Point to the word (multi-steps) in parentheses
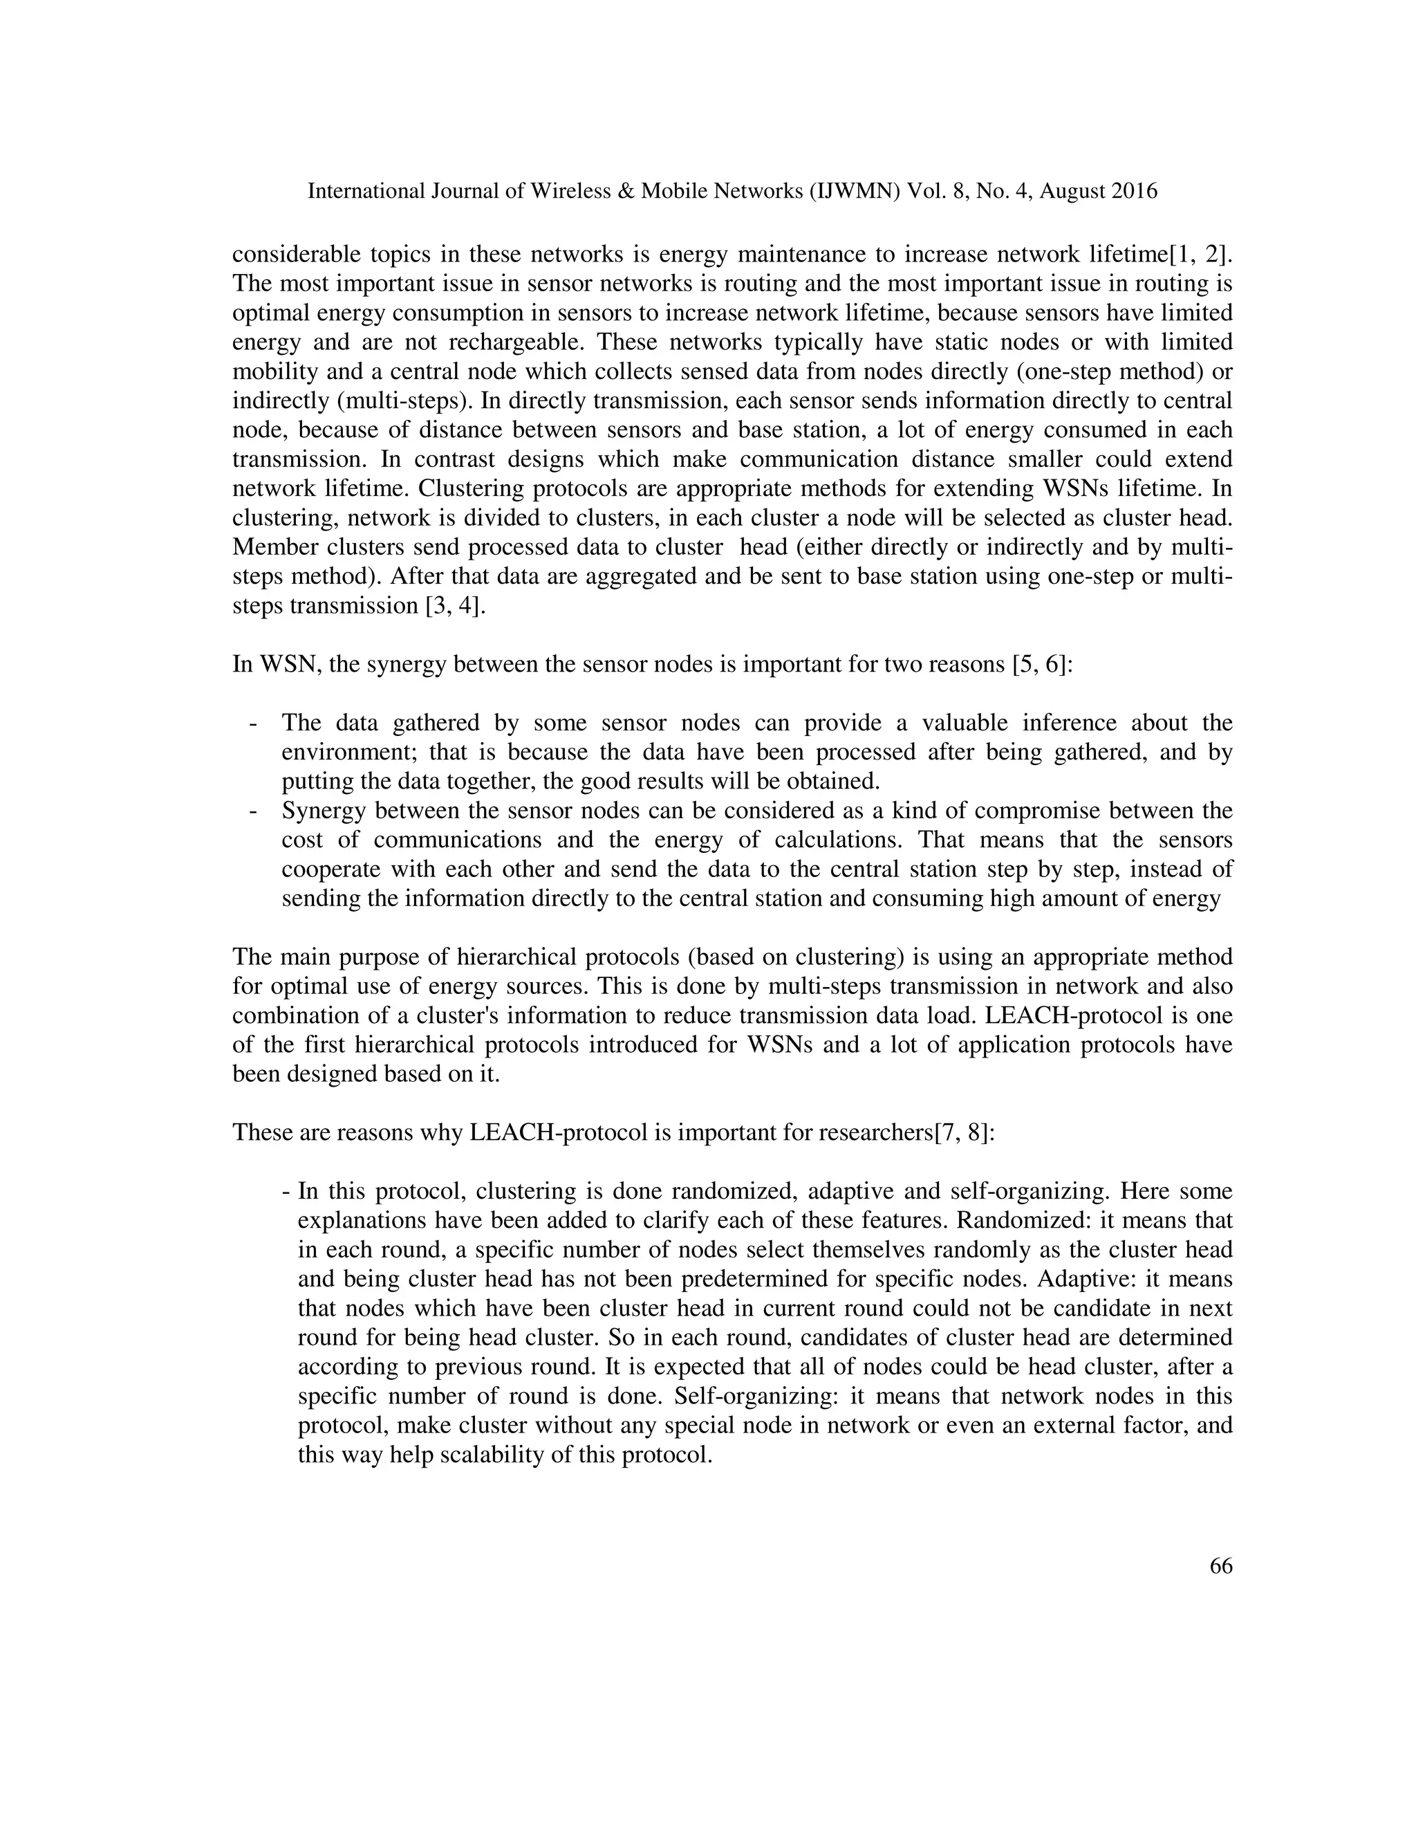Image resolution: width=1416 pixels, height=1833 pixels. pos(400,401)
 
